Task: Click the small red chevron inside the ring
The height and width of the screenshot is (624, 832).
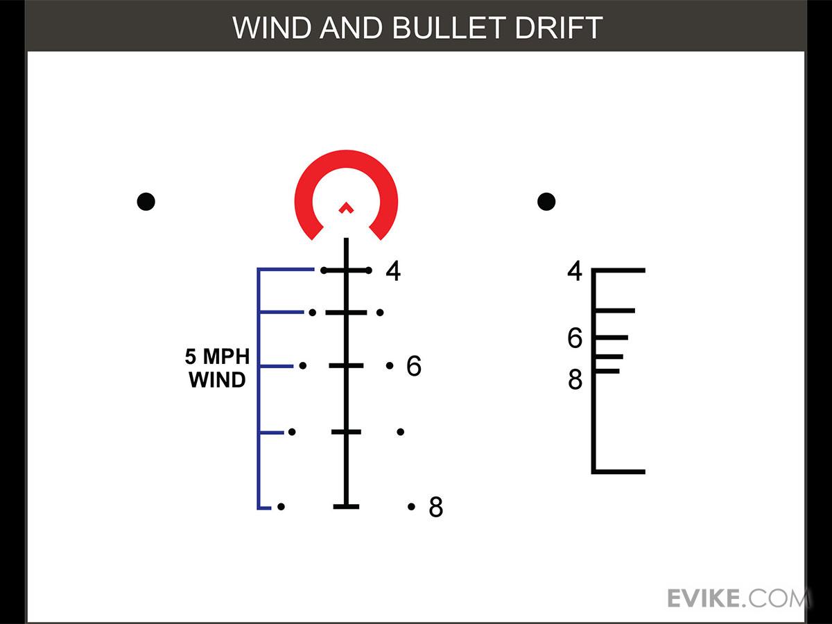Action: [x=346, y=207]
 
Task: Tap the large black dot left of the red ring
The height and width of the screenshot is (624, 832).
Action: [x=146, y=202]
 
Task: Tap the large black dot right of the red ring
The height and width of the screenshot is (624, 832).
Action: [x=546, y=202]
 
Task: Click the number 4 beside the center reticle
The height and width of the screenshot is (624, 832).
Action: [x=393, y=271]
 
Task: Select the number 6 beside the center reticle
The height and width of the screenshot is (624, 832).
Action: [x=413, y=366]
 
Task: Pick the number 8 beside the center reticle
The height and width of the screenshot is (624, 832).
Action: [x=435, y=508]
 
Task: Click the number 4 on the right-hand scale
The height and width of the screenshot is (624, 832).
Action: [x=575, y=271]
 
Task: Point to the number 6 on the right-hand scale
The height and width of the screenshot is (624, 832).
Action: [x=575, y=339]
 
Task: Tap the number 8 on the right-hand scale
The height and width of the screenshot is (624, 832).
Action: [x=575, y=380]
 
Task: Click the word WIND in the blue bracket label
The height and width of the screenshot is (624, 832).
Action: [x=217, y=380]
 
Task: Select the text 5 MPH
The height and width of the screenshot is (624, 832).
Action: [x=217, y=357]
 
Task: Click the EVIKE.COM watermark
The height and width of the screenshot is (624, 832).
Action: [x=738, y=598]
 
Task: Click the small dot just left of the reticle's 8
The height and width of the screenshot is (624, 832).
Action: [x=411, y=507]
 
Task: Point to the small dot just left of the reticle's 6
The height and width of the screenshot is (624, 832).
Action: [x=390, y=365]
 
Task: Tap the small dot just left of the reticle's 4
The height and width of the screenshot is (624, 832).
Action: [x=369, y=270]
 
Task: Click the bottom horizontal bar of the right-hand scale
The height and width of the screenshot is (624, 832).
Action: [x=618, y=471]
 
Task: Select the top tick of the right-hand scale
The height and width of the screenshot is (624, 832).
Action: [x=618, y=270]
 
